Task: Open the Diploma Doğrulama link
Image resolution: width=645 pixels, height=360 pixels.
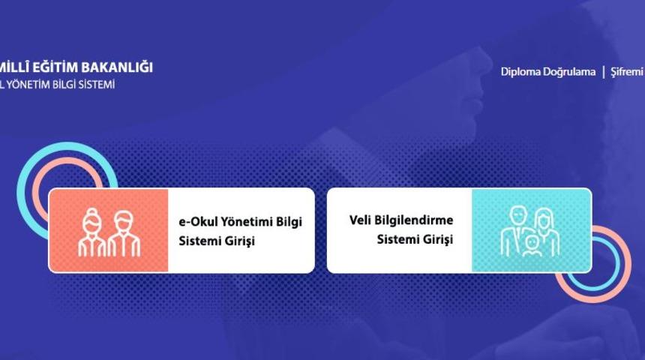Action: click(x=547, y=72)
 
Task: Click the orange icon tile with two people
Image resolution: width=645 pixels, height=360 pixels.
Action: click(x=108, y=230)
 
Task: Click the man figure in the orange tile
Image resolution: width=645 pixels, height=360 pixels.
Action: click(x=124, y=233)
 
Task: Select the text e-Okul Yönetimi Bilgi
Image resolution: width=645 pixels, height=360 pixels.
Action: click(x=240, y=223)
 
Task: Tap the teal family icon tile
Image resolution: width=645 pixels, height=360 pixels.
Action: click(x=531, y=230)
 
